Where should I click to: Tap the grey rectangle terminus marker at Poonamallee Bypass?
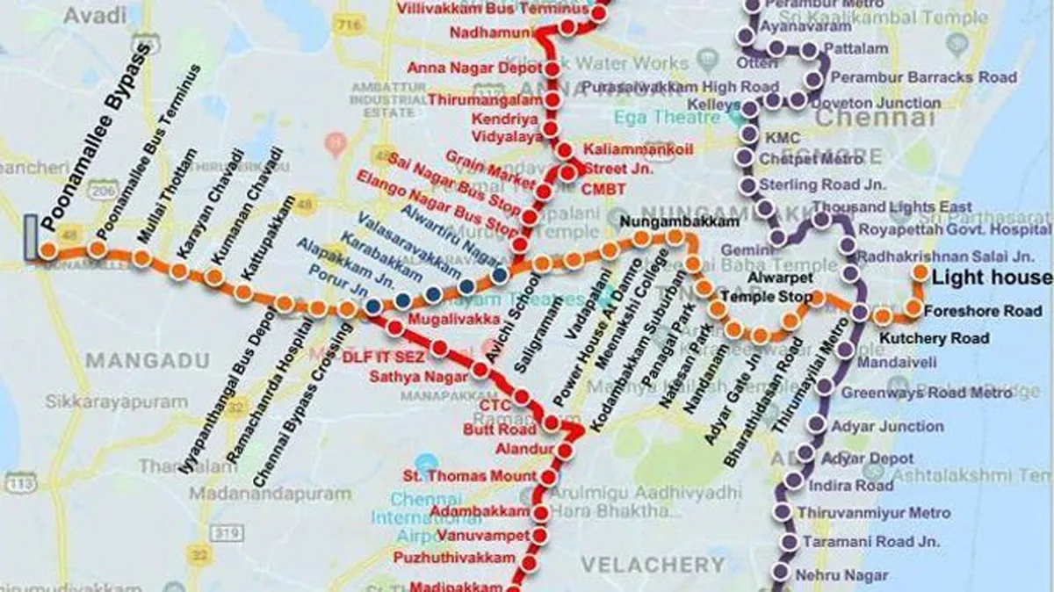pyautogui.click(x=32, y=237)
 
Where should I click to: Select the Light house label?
pyautogui.click(x=991, y=278)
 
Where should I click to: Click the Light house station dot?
pyautogui.click(x=920, y=272)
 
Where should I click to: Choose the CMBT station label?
pyautogui.click(x=604, y=189)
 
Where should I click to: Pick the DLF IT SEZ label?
pyautogui.click(x=383, y=357)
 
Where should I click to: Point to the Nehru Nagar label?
pyautogui.click(x=841, y=575)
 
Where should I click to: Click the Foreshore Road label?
pyautogui.click(x=986, y=310)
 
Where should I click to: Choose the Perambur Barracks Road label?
pyautogui.click(x=923, y=77)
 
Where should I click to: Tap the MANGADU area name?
pyautogui.click(x=148, y=360)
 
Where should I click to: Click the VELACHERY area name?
pyautogui.click(x=656, y=564)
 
